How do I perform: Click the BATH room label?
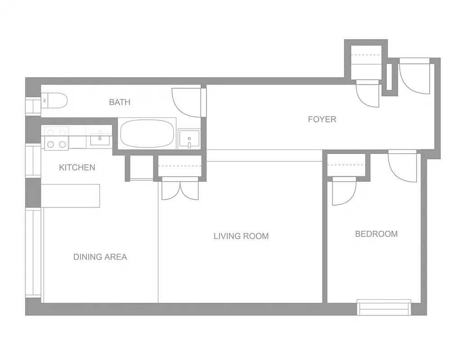120,102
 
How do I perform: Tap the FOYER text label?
322,119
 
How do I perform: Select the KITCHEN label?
77,167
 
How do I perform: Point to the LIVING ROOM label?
241,236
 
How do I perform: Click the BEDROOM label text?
376,234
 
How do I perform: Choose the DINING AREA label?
100,257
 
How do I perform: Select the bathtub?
147,134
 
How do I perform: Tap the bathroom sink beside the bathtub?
189,139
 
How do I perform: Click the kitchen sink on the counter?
100,139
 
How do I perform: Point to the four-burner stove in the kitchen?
56,138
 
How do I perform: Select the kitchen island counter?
71,196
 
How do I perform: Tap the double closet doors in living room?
180,189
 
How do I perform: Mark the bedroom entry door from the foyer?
403,166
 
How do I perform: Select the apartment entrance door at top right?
415,77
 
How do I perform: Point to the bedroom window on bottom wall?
384,307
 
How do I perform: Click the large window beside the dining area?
33,252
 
